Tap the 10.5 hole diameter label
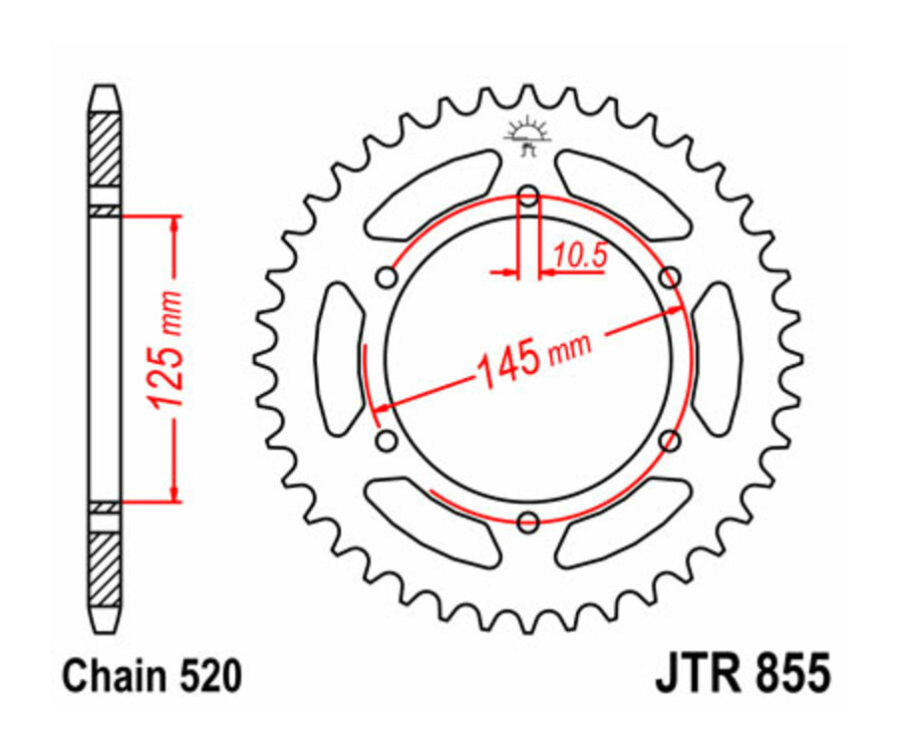coord(580,256)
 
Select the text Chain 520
coord(151,677)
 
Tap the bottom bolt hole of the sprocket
coord(529,520)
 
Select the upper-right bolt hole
coord(671,275)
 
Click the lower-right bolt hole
coord(671,439)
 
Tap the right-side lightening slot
coord(719,357)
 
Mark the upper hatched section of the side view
coord(105,150)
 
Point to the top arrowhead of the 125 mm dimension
coord(175,225)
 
